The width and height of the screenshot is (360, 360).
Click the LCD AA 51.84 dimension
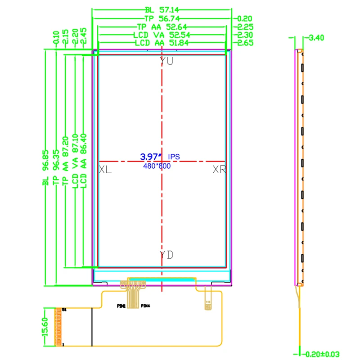click(162, 43)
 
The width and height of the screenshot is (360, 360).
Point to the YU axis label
click(166, 62)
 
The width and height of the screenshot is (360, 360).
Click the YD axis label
click(166, 255)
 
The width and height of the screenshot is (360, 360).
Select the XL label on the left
click(105, 170)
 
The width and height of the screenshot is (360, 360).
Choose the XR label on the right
click(219, 170)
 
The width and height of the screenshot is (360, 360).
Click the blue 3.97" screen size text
click(151, 157)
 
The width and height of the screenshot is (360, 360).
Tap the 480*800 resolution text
click(157, 166)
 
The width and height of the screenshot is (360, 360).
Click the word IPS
click(174, 157)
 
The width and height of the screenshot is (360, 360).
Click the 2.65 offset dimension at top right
click(246, 43)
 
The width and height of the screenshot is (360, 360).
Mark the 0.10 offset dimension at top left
click(56, 36)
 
